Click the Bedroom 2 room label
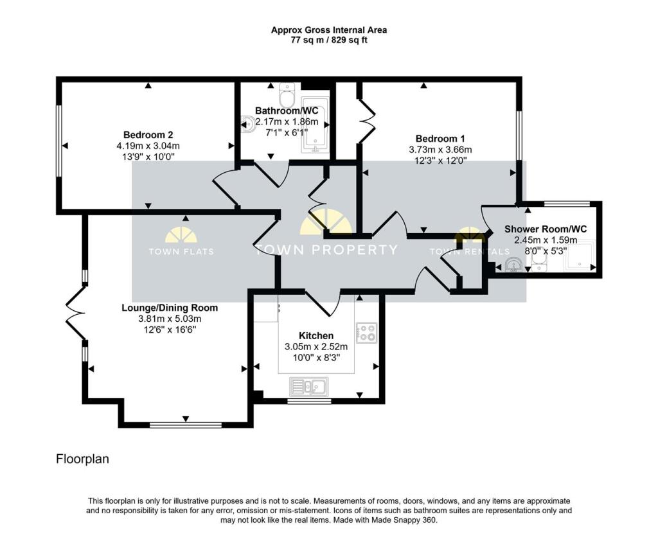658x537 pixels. point(148,135)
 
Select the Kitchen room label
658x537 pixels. point(316,335)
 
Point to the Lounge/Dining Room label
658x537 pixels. point(170,308)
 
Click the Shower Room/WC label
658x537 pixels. point(546,229)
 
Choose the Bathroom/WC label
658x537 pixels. point(287,110)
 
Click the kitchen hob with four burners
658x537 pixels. point(367,333)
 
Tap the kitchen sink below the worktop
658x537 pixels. point(309,386)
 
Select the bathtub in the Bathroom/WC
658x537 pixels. point(316,124)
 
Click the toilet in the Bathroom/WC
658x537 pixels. point(287,95)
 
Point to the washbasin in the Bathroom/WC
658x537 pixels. point(249,124)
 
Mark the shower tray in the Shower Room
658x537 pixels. point(580,255)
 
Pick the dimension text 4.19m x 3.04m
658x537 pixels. point(148,146)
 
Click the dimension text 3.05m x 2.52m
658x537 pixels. point(316,347)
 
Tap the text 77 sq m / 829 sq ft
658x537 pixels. point(329,40)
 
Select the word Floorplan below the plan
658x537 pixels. point(83,459)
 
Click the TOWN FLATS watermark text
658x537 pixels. point(181,251)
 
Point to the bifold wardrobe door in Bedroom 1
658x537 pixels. point(366,121)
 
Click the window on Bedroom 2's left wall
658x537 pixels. point(59,141)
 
